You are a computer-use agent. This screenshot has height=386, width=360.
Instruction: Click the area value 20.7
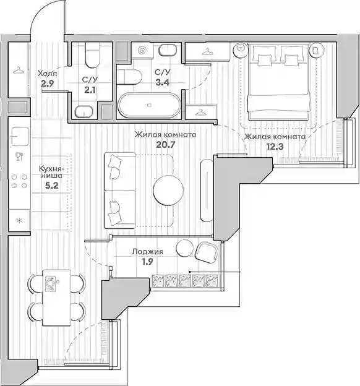(166, 145)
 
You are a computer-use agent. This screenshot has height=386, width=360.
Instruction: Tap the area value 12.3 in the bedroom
(275, 147)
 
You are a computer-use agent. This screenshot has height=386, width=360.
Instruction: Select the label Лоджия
(147, 252)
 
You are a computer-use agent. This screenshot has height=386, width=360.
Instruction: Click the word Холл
(47, 73)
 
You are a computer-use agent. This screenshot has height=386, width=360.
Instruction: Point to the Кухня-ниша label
(52, 172)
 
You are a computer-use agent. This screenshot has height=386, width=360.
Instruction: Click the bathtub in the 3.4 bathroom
(149, 105)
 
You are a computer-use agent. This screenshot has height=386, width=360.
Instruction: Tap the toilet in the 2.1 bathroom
(93, 54)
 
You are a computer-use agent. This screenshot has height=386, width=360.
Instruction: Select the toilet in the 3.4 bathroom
(129, 77)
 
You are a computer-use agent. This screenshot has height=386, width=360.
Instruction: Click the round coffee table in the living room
(168, 189)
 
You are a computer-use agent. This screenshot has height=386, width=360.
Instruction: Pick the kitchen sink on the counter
(20, 136)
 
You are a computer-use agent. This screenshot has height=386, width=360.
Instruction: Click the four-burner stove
(19, 181)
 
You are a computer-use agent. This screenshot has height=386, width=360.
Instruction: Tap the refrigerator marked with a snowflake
(19, 220)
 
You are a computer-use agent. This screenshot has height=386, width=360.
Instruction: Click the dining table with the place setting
(56, 298)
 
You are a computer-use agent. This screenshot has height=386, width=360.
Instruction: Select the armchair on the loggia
(207, 252)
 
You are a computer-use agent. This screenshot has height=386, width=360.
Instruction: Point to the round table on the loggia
(185, 248)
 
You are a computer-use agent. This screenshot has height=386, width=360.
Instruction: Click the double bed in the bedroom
(278, 82)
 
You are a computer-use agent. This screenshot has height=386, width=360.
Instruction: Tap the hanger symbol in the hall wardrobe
(19, 71)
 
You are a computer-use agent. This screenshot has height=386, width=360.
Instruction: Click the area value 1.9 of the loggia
(147, 262)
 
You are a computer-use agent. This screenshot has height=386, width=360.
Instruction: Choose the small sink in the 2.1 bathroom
(84, 112)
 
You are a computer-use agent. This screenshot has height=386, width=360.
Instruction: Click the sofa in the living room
(119, 191)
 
